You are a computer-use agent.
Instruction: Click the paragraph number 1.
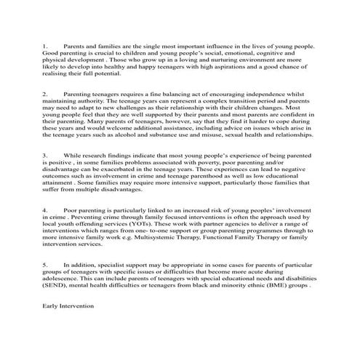click(44, 46)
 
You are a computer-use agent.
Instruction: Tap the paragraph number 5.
click(44, 266)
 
